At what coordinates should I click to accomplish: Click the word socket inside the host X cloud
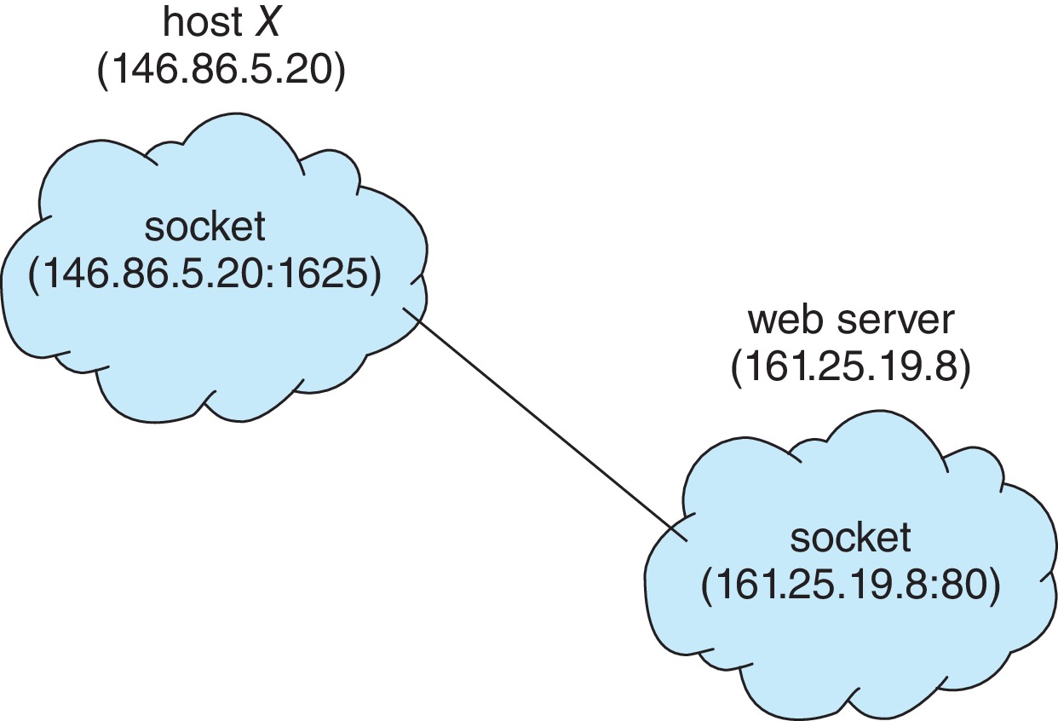click(x=204, y=228)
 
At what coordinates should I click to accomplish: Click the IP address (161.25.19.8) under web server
click(x=850, y=369)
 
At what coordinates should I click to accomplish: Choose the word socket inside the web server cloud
click(x=850, y=538)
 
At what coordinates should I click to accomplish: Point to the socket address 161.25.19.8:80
click(x=848, y=589)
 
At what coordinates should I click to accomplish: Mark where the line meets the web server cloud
click(x=686, y=539)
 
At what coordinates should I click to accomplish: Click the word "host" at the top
click(x=197, y=23)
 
